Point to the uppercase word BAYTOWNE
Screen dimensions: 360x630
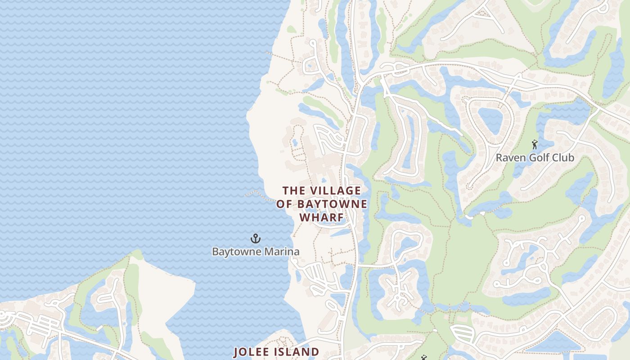(x=332, y=204)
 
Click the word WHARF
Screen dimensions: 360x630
(x=321, y=218)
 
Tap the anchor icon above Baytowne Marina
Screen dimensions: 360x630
(x=256, y=238)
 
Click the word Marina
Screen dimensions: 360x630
(x=282, y=252)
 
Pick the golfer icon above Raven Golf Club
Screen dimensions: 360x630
(x=535, y=144)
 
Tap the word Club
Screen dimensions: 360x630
(x=563, y=158)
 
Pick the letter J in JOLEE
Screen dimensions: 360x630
(x=236, y=352)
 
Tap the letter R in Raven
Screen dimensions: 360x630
(x=499, y=158)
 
